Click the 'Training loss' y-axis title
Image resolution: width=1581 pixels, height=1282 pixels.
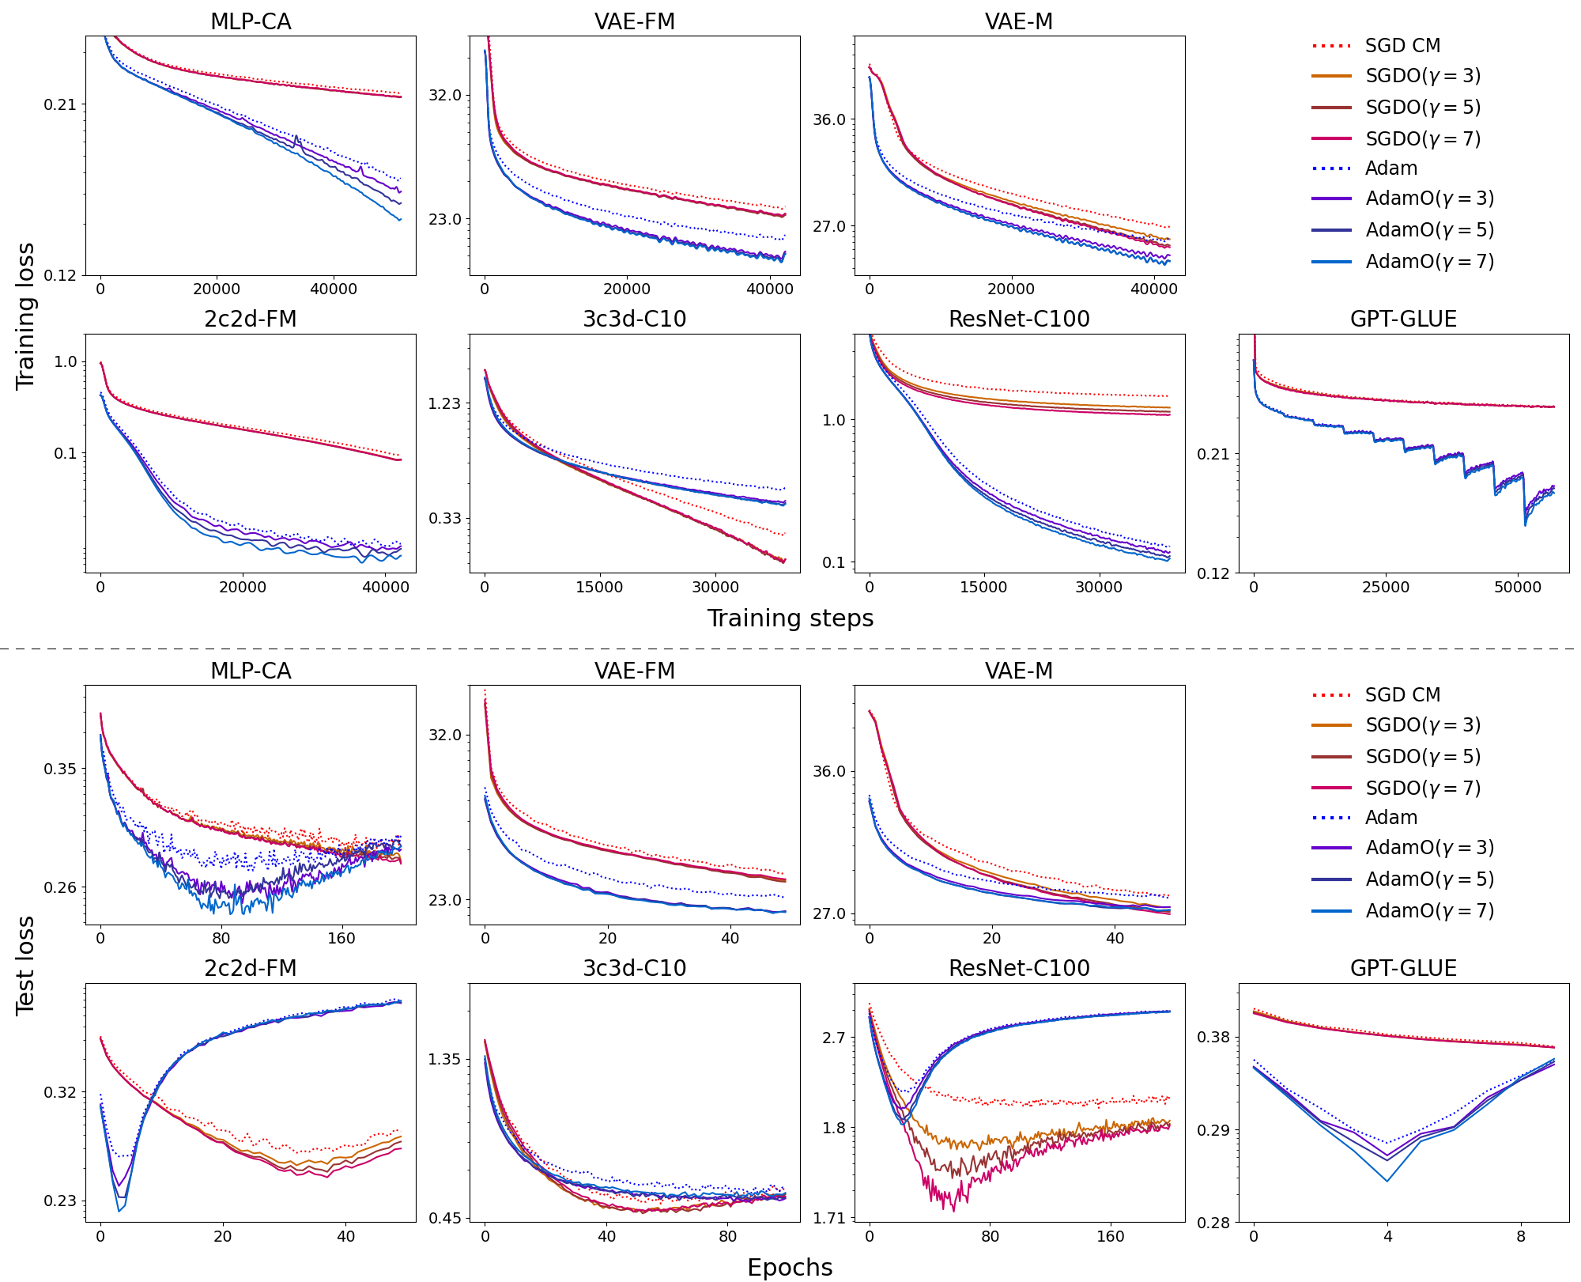pyautogui.click(x=25, y=316)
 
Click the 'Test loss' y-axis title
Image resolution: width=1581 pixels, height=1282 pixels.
pyautogui.click(x=25, y=965)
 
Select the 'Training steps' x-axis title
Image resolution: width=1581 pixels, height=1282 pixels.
pyautogui.click(x=790, y=618)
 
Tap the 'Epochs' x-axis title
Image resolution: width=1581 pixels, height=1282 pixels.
pyautogui.click(x=790, y=1267)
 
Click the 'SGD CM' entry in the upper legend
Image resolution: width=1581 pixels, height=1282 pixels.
pyautogui.click(x=1402, y=46)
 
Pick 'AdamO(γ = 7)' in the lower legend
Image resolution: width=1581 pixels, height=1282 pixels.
pyautogui.click(x=1429, y=911)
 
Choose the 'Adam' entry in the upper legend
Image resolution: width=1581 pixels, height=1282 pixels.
pyautogui.click(x=1390, y=168)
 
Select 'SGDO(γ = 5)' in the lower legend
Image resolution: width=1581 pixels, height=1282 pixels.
pyautogui.click(x=1423, y=757)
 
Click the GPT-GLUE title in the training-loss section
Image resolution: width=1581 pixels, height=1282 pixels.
pyautogui.click(x=1403, y=319)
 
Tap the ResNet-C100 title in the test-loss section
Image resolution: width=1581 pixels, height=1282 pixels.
pyautogui.click(x=1019, y=968)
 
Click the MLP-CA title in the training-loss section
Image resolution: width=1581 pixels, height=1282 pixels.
pyautogui.click(x=251, y=22)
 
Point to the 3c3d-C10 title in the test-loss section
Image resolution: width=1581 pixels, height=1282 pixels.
pyautogui.click(x=635, y=968)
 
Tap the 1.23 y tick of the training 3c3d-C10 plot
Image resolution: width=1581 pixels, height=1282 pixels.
pyautogui.click(x=444, y=403)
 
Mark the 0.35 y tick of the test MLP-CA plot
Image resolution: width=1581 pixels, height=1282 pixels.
pyautogui.click(x=60, y=769)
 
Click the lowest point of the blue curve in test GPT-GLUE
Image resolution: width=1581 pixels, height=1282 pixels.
pyautogui.click(x=1387, y=1182)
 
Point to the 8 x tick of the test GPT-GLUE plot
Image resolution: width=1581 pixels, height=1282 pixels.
pyautogui.click(x=1521, y=1236)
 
